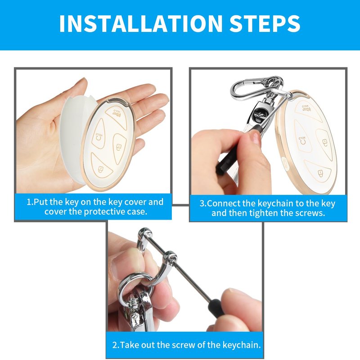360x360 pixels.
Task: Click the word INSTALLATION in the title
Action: point(141,23)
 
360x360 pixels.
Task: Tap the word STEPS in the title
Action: point(265,23)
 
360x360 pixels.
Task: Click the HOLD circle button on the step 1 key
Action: point(98,136)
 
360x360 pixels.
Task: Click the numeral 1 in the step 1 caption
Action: point(29,202)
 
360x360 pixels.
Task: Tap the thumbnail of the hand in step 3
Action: point(256,138)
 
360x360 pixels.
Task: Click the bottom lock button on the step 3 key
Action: point(318,171)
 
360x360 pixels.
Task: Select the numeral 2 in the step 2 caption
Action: point(115,345)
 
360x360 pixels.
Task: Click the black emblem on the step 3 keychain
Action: point(259,114)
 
